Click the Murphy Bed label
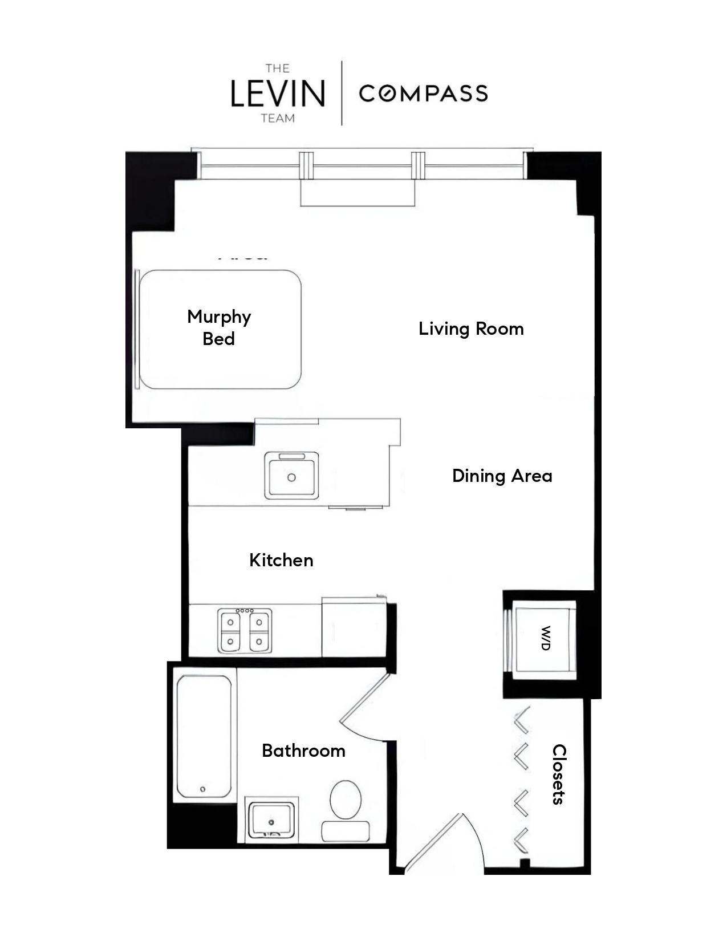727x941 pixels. click(219, 327)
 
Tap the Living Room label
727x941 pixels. click(471, 329)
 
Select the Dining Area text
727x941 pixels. click(502, 476)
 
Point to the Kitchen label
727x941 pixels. click(281, 561)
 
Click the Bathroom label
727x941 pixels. click(303, 751)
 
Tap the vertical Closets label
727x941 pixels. click(559, 774)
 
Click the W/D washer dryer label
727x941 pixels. click(545, 638)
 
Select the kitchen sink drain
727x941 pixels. click(291, 477)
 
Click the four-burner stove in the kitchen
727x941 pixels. click(245, 631)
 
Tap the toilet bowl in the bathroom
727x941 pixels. click(346, 800)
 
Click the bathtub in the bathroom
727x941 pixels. click(204, 736)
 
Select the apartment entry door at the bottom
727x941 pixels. click(439, 844)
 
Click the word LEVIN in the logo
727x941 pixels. click(278, 94)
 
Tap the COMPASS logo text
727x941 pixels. click(423, 94)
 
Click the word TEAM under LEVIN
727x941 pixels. click(278, 119)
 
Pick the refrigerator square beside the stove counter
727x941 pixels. click(354, 627)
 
